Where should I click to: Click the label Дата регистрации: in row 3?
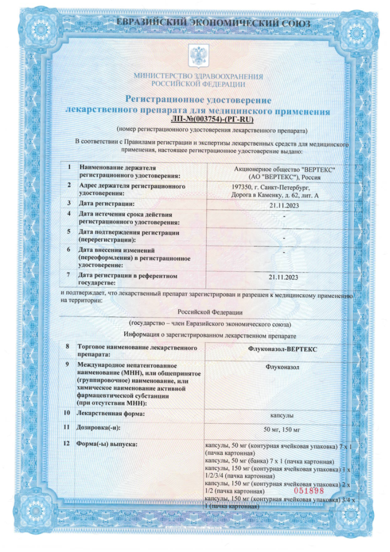click(x=107, y=203)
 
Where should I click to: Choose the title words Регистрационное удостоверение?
click(x=198, y=100)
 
